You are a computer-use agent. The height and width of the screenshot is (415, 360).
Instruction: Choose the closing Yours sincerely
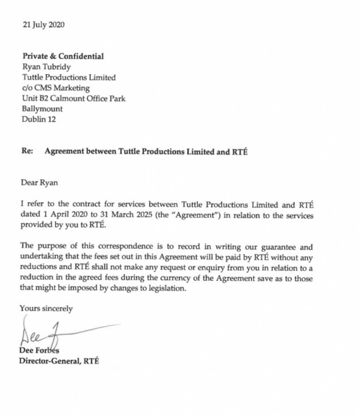(46, 308)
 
